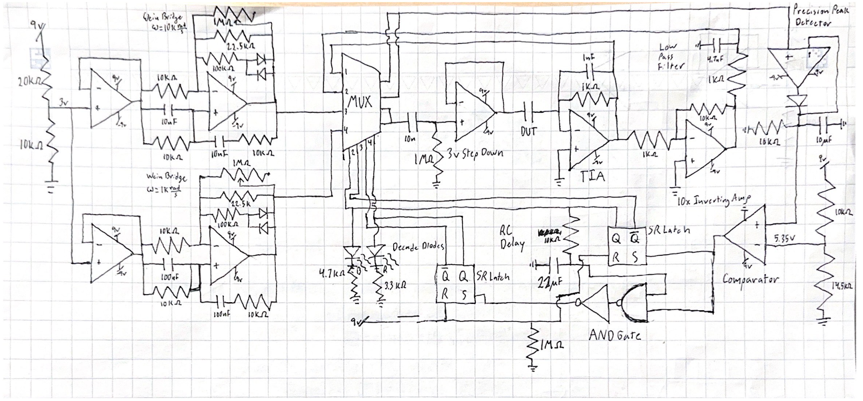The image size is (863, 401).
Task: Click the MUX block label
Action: pyautogui.click(x=360, y=101)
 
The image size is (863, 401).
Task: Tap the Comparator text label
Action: pyautogui.click(x=750, y=280)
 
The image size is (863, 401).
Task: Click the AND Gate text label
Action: pyautogui.click(x=615, y=335)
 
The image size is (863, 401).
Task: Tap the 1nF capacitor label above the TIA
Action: pyautogui.click(x=590, y=57)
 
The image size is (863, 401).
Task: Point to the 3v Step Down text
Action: pyautogui.click(x=474, y=153)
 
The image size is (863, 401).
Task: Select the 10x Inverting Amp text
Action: pyautogui.click(x=713, y=201)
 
